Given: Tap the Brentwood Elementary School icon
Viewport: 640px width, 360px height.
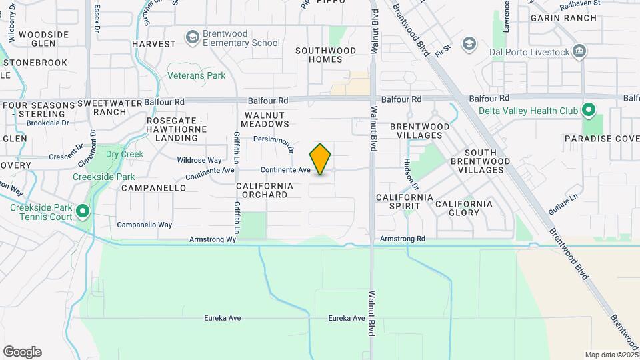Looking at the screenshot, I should (x=193, y=37).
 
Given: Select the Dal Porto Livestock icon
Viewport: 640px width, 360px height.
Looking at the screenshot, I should (x=579, y=51).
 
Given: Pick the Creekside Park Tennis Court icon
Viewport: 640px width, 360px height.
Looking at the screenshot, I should (x=83, y=212).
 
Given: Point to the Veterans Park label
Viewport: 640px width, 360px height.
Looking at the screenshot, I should (x=196, y=76).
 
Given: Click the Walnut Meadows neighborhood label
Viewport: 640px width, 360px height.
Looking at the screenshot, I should (x=265, y=119).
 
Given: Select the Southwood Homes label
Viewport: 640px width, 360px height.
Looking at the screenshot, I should (x=326, y=55).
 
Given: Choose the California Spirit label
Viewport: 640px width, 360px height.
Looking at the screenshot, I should (x=405, y=203).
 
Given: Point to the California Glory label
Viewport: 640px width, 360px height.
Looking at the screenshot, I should (x=464, y=208).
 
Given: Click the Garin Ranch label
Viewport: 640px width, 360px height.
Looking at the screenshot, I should (x=563, y=18).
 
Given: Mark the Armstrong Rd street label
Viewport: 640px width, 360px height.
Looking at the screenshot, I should (x=402, y=239).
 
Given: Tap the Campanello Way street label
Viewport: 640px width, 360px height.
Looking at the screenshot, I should (x=145, y=225).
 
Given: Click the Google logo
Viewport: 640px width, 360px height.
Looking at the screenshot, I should (x=22, y=352).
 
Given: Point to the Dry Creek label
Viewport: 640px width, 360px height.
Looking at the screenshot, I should (x=124, y=154).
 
